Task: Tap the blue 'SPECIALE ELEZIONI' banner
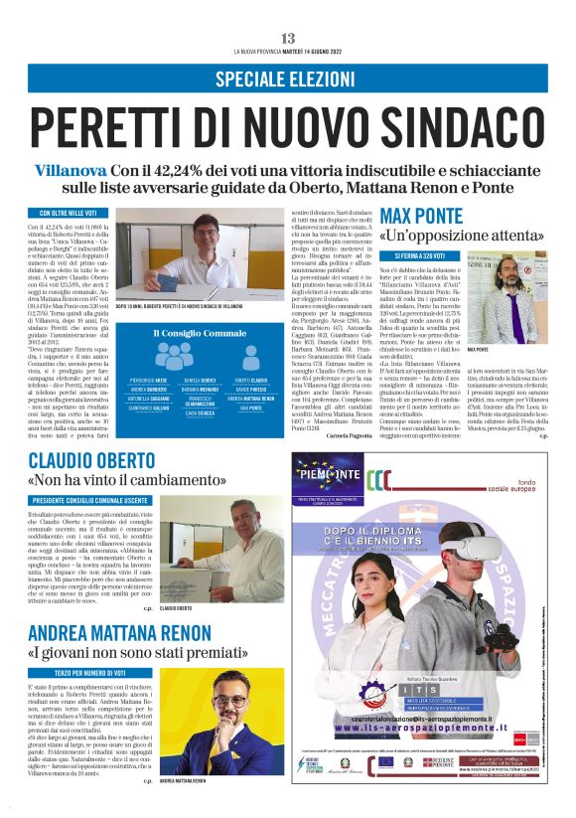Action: [287, 79]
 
